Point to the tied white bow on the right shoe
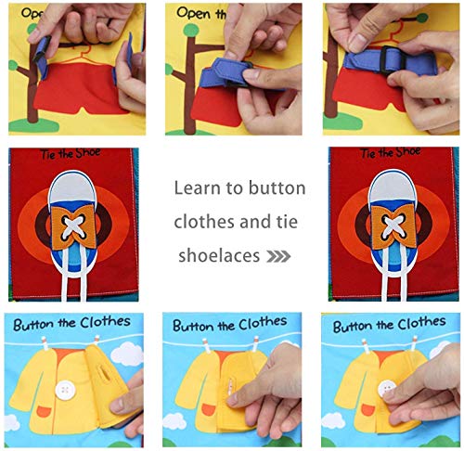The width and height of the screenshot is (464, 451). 387,231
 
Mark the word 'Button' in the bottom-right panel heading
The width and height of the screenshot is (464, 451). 357,326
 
